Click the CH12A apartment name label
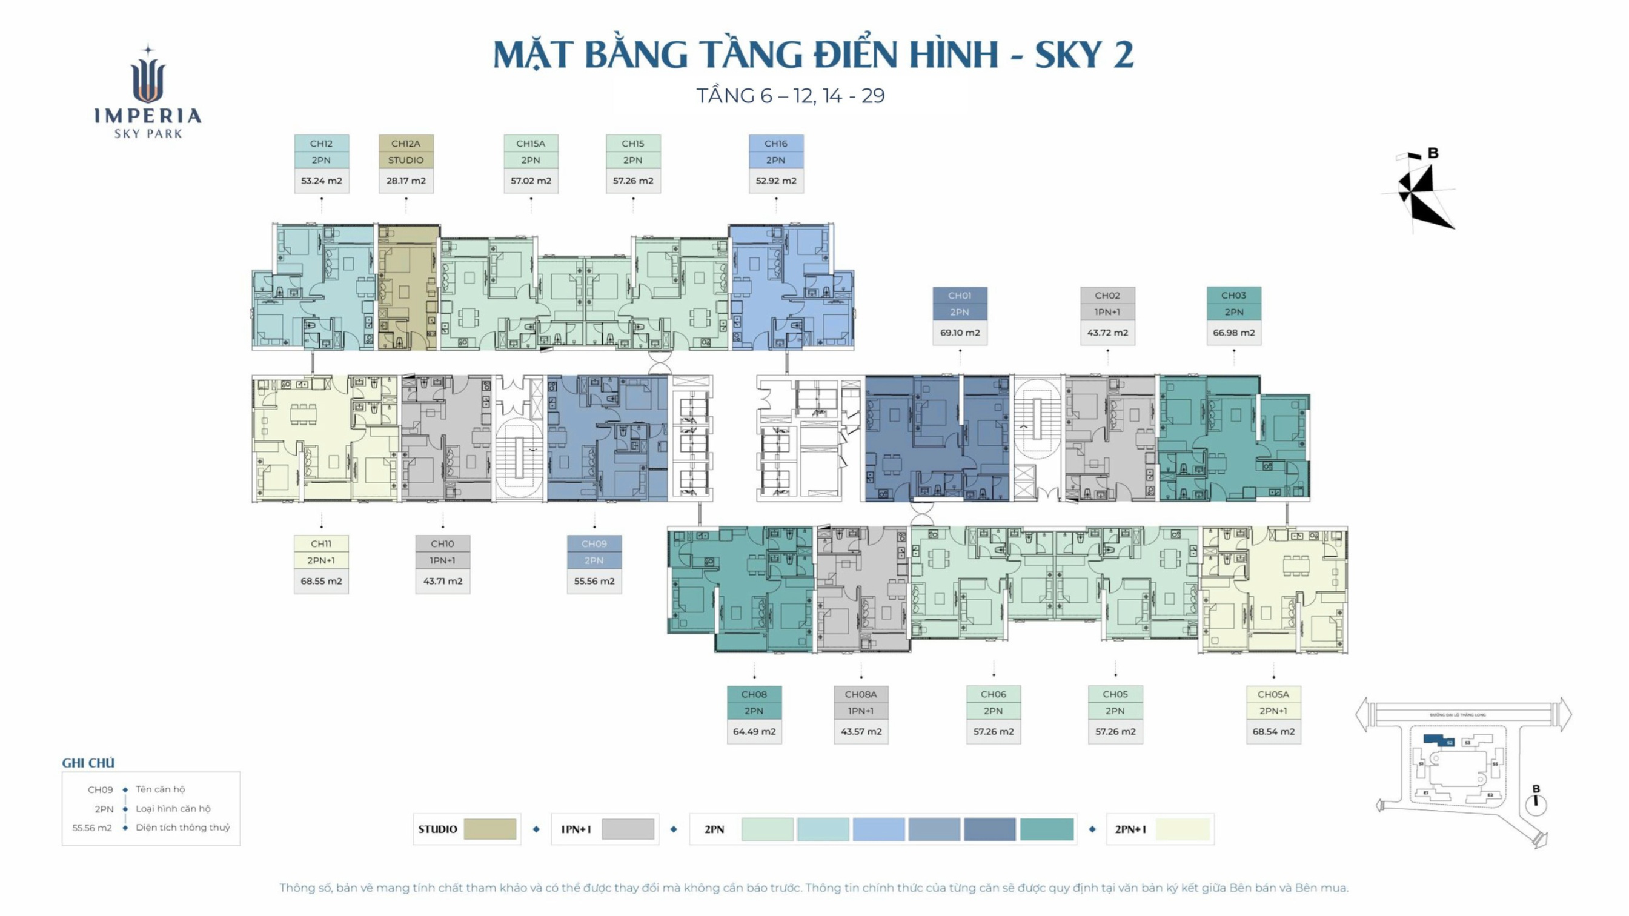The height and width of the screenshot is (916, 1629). (x=405, y=144)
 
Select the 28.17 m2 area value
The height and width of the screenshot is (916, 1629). (x=405, y=181)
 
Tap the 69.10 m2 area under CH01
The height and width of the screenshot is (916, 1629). (x=960, y=333)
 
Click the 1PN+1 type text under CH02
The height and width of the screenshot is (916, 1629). (x=1107, y=312)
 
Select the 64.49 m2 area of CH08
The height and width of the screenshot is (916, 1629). (x=754, y=732)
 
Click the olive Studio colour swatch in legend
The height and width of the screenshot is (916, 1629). (x=489, y=829)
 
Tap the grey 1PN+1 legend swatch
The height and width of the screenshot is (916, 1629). (x=628, y=829)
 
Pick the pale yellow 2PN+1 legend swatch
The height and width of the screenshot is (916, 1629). (x=1182, y=829)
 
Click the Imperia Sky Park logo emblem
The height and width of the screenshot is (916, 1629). (x=148, y=76)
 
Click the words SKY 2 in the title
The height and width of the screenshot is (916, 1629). (x=1084, y=55)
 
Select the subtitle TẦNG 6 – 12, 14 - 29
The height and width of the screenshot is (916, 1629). (x=790, y=96)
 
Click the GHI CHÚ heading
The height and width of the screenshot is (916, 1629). (x=88, y=763)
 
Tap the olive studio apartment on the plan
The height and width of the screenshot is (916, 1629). (x=407, y=288)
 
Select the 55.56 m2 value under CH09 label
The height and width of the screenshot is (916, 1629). (x=594, y=582)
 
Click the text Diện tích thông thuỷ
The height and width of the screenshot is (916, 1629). (x=183, y=828)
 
